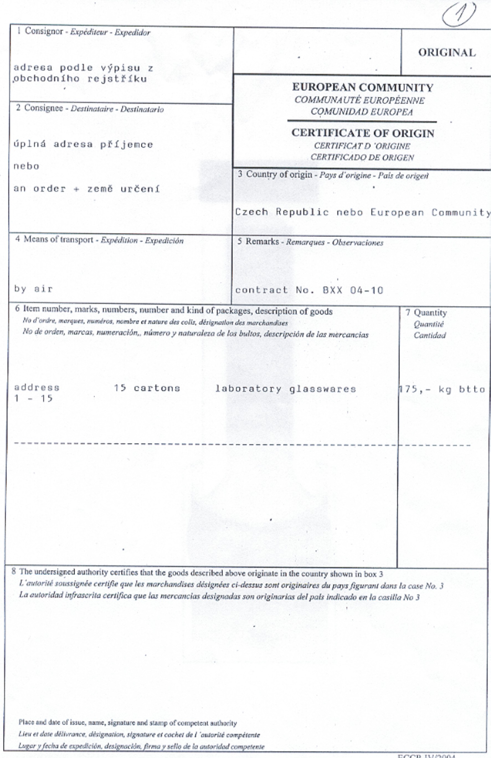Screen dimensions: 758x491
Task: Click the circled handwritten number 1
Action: tap(459, 14)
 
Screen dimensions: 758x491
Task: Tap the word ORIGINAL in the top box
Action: tap(447, 53)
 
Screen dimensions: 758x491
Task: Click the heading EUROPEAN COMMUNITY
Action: tap(363, 87)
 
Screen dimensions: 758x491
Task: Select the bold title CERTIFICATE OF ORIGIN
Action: tap(363, 133)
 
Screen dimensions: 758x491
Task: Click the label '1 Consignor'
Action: tap(40, 31)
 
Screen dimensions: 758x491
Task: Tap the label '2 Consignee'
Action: tap(40, 108)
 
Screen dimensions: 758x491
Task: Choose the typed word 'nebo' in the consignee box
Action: tap(26, 166)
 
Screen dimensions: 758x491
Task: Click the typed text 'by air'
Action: tap(33, 289)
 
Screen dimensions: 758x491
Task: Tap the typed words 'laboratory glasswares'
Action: tap(286, 389)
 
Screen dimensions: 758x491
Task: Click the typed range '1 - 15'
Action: tap(33, 399)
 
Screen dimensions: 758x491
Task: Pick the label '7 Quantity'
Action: tap(426, 313)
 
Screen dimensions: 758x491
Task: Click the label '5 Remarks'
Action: tap(258, 241)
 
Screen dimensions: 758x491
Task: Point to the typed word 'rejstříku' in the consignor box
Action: tap(117, 79)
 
